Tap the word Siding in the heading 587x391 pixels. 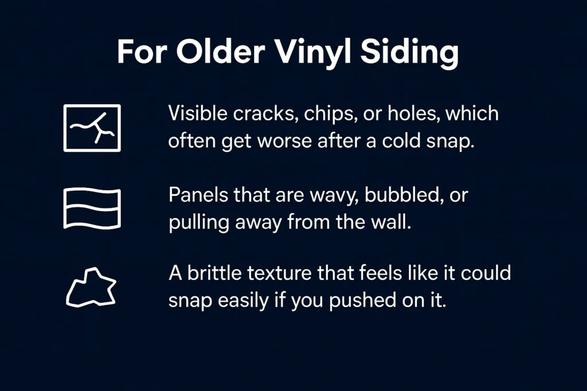click(409, 52)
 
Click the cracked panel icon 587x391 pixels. click(92, 128)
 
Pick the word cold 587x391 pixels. click(401, 141)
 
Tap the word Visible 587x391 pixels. click(198, 113)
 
